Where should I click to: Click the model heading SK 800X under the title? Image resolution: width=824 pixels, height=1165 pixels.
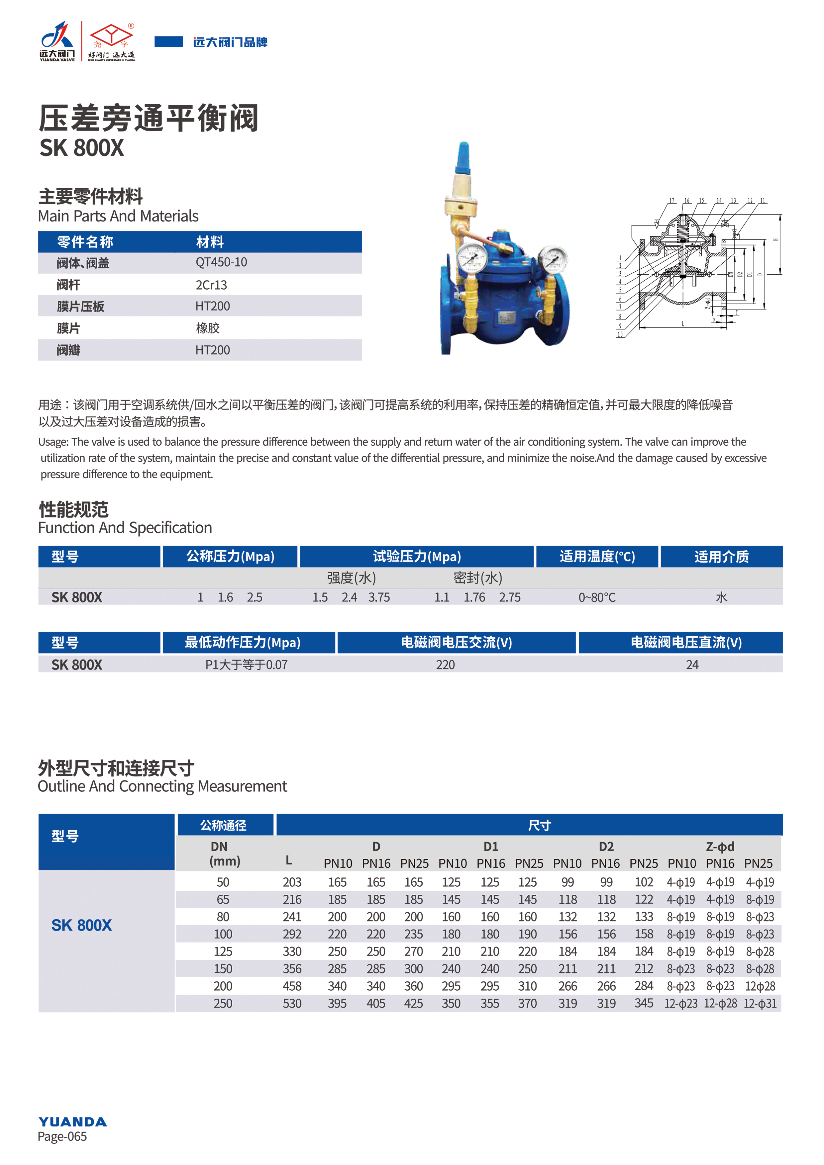[x=82, y=148]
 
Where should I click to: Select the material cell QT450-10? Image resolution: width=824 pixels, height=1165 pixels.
[x=221, y=262]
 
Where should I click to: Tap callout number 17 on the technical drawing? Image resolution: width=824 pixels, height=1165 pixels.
[x=672, y=201]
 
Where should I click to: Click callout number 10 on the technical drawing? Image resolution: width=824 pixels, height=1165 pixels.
[x=619, y=334]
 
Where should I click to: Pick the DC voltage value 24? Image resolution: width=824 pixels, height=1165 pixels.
[x=692, y=665]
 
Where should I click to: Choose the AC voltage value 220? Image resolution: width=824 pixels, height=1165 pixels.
[x=445, y=665]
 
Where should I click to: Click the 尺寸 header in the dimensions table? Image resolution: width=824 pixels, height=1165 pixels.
[x=539, y=826]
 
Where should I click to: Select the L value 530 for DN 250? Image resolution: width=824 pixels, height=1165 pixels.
[x=292, y=1003]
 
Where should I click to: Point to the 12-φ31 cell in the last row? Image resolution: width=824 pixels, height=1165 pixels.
[x=760, y=1003]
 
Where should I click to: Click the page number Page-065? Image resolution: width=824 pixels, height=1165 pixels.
[x=62, y=1136]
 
